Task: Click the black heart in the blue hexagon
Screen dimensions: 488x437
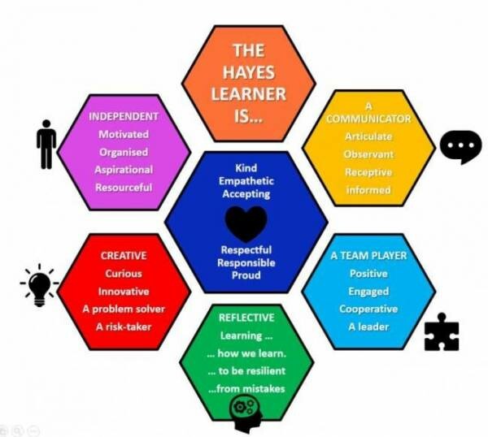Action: (246, 223)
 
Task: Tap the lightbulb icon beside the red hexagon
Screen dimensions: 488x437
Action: (39, 285)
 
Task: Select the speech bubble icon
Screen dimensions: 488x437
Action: (460, 147)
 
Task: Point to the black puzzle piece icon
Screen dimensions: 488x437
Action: (442, 332)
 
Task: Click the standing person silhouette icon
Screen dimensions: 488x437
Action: (46, 145)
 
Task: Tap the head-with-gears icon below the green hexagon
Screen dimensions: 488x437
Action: (246, 413)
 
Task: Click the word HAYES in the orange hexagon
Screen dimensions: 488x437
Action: (249, 72)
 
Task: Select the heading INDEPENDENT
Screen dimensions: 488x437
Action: (124, 116)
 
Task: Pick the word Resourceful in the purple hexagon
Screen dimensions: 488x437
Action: (124, 188)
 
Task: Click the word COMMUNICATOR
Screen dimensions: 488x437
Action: (368, 119)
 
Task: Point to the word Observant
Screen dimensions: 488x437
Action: (368, 154)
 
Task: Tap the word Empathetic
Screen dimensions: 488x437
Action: (246, 181)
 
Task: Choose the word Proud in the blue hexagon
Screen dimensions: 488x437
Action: (246, 275)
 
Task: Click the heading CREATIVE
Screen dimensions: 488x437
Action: (124, 256)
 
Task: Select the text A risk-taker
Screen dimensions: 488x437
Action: (124, 327)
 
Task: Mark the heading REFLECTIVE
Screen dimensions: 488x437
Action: (246, 318)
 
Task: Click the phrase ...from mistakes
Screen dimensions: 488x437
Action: (246, 388)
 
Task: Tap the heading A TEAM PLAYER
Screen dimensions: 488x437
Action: (368, 256)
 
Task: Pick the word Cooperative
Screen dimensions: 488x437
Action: (368, 309)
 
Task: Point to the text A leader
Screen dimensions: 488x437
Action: (368, 327)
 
